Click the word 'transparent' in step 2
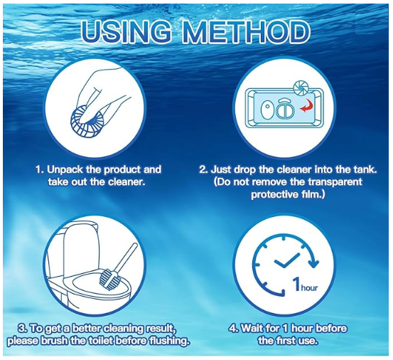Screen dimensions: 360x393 338,182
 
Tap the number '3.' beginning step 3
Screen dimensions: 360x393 23,329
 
